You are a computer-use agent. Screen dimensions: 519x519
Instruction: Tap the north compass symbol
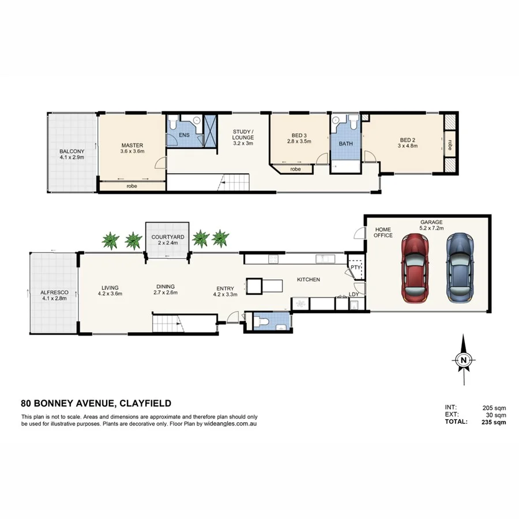464,360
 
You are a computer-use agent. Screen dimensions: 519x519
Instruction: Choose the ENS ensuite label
184,135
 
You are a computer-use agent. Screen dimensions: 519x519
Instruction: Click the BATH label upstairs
345,144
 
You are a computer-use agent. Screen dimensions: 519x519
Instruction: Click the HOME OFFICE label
383,232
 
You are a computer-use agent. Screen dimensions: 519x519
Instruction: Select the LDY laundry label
353,295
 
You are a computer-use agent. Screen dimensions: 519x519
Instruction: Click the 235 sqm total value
494,422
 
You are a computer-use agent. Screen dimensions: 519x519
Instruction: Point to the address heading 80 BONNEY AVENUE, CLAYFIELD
96,404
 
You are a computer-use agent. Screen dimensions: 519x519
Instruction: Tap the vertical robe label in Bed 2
450,144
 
